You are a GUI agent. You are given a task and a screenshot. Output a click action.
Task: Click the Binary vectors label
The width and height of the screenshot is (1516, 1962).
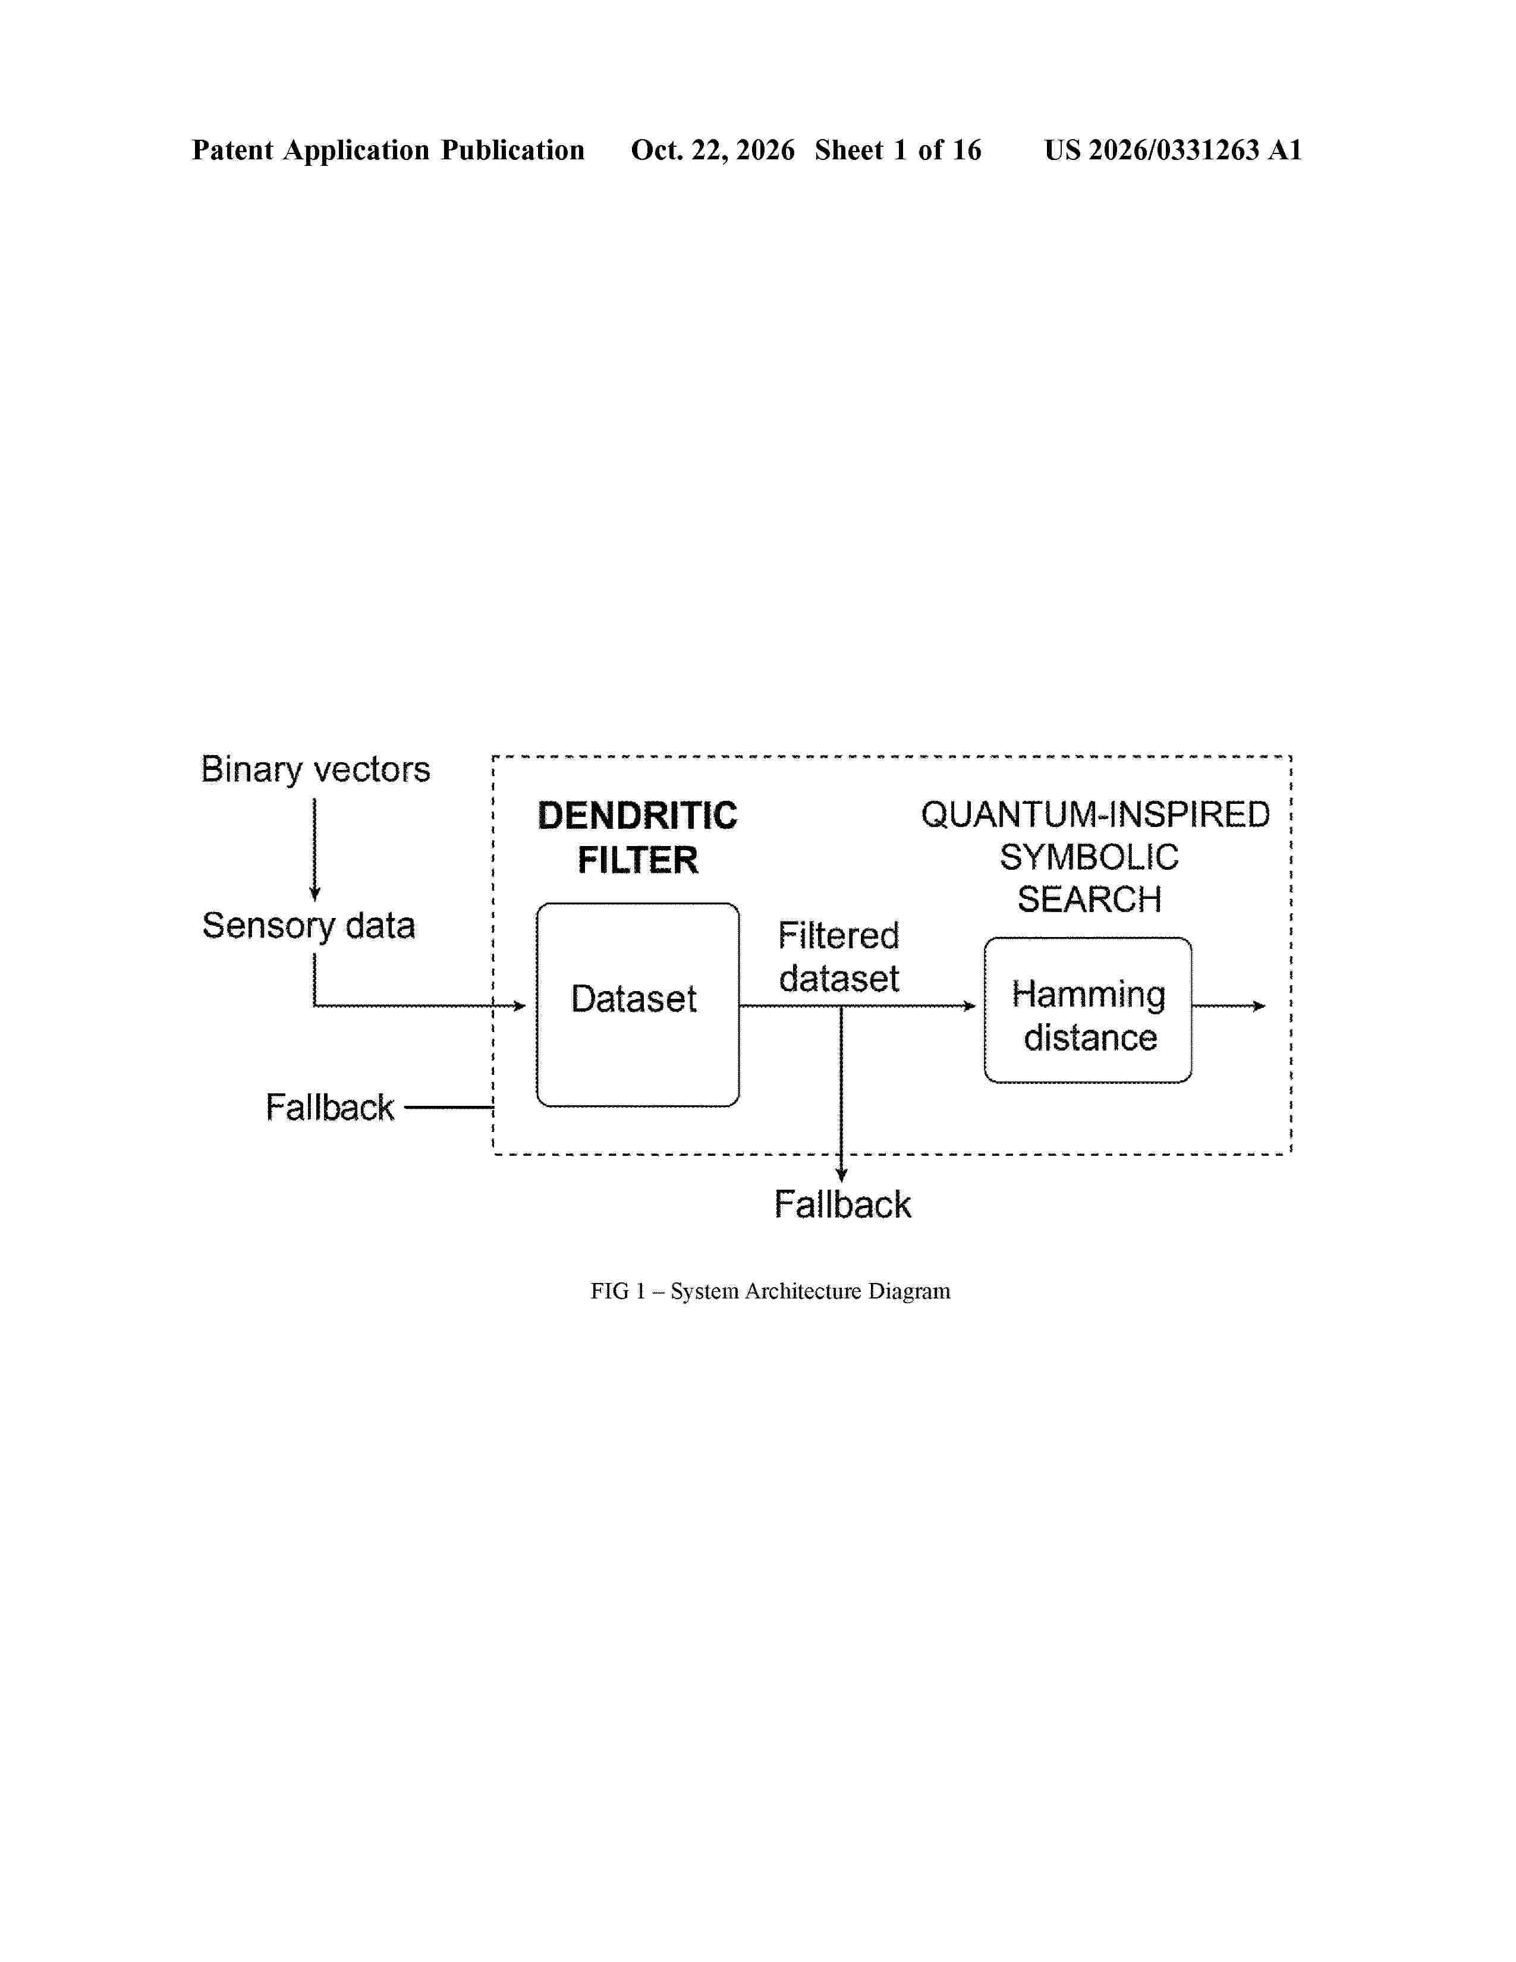pos(315,770)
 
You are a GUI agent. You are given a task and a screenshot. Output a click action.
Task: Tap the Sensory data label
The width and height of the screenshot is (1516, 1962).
pos(309,926)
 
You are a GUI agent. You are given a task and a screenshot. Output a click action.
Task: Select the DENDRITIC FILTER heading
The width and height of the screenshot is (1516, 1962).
pos(638,837)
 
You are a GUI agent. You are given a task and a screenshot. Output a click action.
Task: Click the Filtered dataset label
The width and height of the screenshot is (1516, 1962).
pos(839,957)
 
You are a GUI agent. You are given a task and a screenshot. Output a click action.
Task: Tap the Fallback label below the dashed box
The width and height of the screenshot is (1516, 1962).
pos(842,1205)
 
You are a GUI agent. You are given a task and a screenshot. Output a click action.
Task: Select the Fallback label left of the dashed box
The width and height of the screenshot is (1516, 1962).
pos(329,1108)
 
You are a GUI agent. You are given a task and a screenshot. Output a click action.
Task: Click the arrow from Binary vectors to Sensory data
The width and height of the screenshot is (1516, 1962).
pos(314,849)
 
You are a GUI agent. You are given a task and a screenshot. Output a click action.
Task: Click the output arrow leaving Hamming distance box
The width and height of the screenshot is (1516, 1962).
pos(1229,1006)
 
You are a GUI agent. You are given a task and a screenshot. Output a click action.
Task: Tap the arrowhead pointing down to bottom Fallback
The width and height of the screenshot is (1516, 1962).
pos(841,1175)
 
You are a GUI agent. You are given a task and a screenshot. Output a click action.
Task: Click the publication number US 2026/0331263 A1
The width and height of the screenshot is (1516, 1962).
pos(1173,150)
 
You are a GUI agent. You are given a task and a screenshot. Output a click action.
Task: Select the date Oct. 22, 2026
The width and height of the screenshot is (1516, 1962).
pos(712,150)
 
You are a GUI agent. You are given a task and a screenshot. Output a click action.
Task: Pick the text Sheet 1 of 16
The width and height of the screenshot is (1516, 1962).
pos(898,150)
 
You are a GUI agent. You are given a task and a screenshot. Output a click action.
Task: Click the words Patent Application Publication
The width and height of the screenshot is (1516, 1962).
pos(388,150)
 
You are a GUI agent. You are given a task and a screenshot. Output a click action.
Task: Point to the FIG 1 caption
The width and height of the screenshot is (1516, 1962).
pos(770,1291)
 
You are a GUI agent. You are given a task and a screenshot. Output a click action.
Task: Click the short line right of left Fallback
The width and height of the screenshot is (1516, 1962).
pos(449,1108)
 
